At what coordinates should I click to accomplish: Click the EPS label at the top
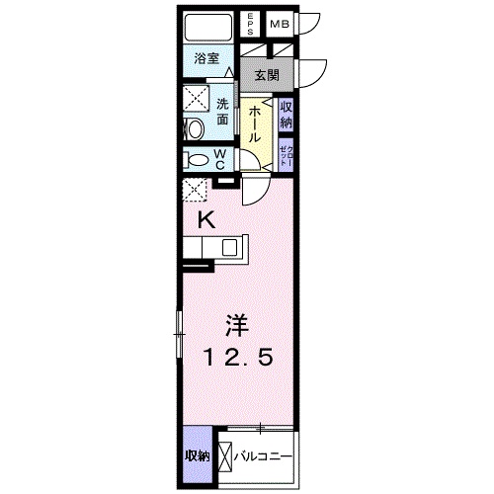[x=252, y=23]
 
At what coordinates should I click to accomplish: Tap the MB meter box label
[x=280, y=23]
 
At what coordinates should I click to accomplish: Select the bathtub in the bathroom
[x=207, y=27]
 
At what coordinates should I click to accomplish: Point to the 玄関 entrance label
[x=267, y=74]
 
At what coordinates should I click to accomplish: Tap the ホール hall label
[x=254, y=125]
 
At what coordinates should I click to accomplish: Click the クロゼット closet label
[x=286, y=156]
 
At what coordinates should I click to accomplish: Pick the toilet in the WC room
[x=198, y=159]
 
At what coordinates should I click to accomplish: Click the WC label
[x=222, y=159]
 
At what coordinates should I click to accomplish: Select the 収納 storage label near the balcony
[x=197, y=455]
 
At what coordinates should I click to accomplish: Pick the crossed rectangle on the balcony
[x=226, y=456]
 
